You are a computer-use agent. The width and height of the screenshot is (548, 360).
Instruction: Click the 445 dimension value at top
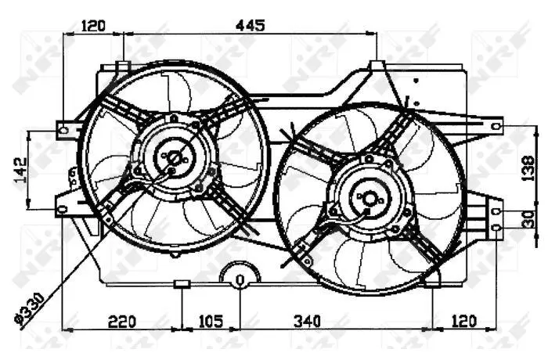coord(251,26)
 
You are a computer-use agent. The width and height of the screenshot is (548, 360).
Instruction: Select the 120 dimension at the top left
coord(93,26)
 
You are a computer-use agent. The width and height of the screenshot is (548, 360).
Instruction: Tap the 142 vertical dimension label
coord(20,170)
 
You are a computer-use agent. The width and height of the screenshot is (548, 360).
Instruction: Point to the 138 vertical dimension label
coord(528,168)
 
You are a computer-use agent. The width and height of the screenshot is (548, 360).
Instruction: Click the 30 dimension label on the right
coord(529,219)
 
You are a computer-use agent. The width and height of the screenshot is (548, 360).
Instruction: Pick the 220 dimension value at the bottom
coord(122,322)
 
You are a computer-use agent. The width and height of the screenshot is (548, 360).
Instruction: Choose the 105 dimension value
coord(211,322)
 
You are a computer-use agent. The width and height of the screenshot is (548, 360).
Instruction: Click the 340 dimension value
coord(307,322)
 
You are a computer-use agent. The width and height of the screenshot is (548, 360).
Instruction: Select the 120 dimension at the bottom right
coord(463,322)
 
